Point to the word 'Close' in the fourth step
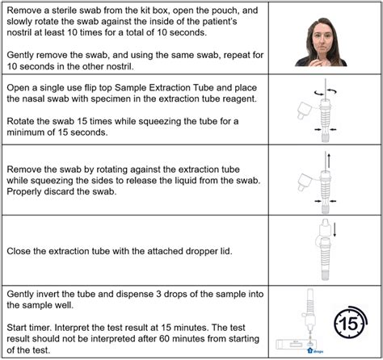(x=19, y=251)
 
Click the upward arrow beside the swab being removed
(x=329, y=160)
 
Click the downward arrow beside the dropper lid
(x=335, y=229)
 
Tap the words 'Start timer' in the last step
(x=29, y=328)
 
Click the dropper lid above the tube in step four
(x=326, y=228)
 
